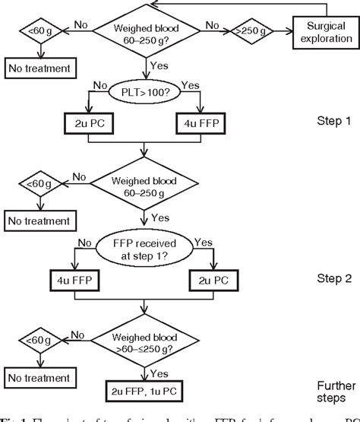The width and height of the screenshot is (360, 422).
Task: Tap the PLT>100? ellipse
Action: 144,94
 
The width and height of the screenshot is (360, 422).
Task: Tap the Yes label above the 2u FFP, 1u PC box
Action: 159,374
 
